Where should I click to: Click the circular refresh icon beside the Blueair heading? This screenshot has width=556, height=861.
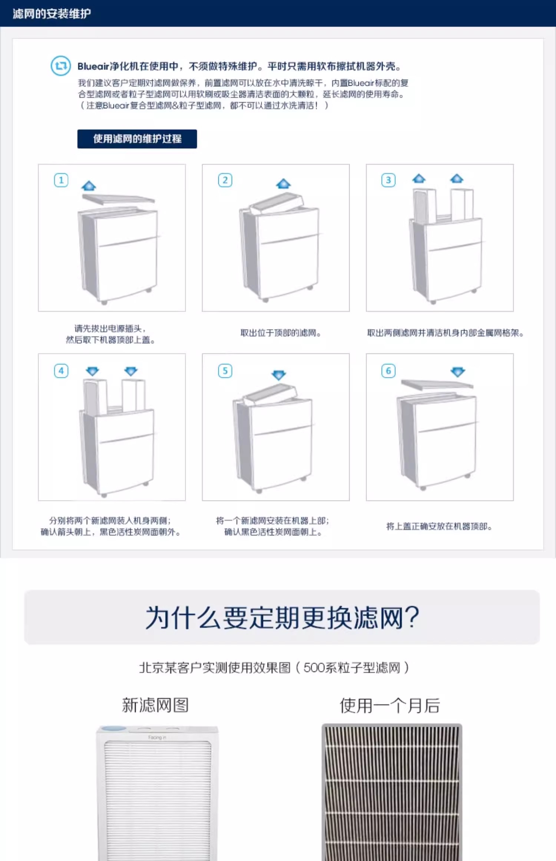point(60,66)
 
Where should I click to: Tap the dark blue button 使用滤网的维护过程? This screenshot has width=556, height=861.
point(137,139)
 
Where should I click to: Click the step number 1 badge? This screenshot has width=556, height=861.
point(61,180)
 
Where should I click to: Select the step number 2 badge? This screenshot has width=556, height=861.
point(225,180)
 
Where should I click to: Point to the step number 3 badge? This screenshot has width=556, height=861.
point(388,180)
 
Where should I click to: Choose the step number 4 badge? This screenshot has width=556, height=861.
point(61,371)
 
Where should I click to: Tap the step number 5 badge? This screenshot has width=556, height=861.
point(225,371)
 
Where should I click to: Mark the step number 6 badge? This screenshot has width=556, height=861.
point(388,371)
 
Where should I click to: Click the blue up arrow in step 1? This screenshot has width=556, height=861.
point(89,186)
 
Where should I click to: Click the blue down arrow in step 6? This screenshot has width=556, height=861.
point(458,372)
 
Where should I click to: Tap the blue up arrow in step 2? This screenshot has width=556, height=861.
point(283,184)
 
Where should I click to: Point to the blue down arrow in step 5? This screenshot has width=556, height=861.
point(278,375)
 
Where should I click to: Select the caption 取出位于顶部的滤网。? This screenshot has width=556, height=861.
point(280,333)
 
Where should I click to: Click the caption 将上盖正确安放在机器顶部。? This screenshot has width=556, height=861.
point(439,527)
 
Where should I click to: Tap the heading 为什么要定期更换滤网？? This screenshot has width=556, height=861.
point(282,617)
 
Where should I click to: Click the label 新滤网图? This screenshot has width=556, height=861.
point(155,705)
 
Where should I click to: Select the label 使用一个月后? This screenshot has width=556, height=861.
point(390,705)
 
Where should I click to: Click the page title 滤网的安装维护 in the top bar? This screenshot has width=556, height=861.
point(52,14)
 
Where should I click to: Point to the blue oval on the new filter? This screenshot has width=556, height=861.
point(114,729)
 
